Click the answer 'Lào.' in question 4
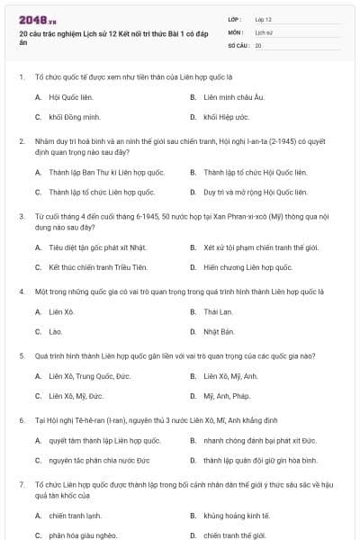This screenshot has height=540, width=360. pyautogui.click(x=57, y=332)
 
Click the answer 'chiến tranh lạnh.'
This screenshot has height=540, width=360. pyautogui.click(x=76, y=516)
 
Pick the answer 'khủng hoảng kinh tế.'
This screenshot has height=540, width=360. pyautogui.click(x=236, y=516)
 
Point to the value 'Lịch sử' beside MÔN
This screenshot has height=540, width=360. pyautogui.click(x=264, y=31)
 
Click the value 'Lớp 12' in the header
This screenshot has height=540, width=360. pyautogui.click(x=263, y=19)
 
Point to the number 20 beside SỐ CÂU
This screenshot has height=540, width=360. pyautogui.click(x=258, y=44)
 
